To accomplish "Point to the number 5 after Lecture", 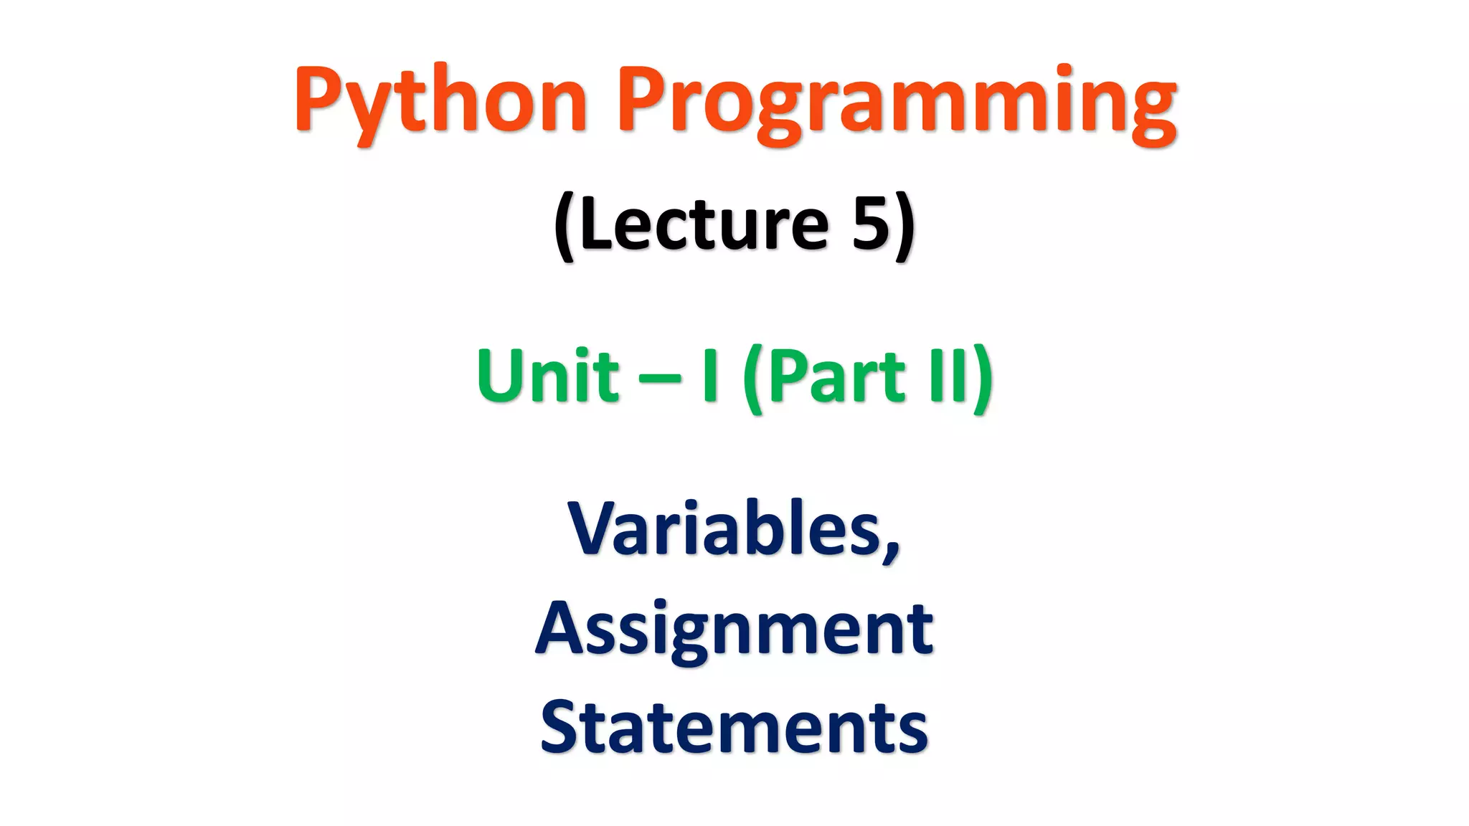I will [870, 225].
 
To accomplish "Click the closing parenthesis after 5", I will [905, 227].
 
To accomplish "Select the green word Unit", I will [548, 376].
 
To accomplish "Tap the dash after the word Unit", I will [659, 379].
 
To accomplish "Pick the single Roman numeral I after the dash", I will [710, 376].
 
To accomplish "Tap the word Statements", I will [734, 727].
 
